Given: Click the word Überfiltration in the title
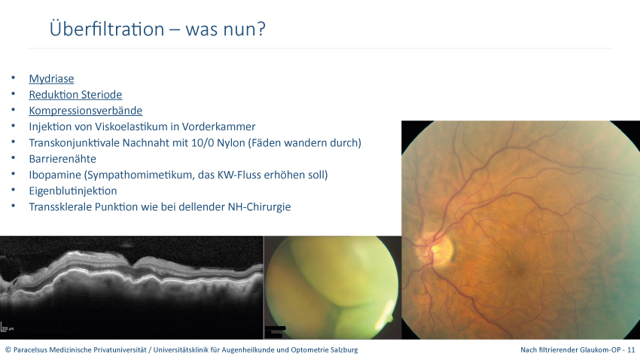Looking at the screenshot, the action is coord(107,29).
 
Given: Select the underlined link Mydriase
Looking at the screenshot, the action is coord(51,79).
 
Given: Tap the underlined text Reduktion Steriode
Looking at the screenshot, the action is coord(75,95).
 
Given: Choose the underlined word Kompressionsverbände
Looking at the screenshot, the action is coord(86,111).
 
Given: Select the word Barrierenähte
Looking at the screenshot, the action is coord(62,159).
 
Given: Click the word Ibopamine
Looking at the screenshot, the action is coord(55,175).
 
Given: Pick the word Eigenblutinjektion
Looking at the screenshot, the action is coord(73,191).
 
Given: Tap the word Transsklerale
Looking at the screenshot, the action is coord(60,207).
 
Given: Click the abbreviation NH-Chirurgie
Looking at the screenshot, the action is coord(259,207).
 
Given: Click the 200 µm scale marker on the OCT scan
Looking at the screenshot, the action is coord(7,327).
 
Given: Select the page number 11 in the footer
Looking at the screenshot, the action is coord(631,349).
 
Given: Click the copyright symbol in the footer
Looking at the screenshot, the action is coord(8,349).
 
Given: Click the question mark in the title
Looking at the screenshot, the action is coord(261,29).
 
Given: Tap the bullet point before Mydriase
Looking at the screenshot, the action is coord(14,78).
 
